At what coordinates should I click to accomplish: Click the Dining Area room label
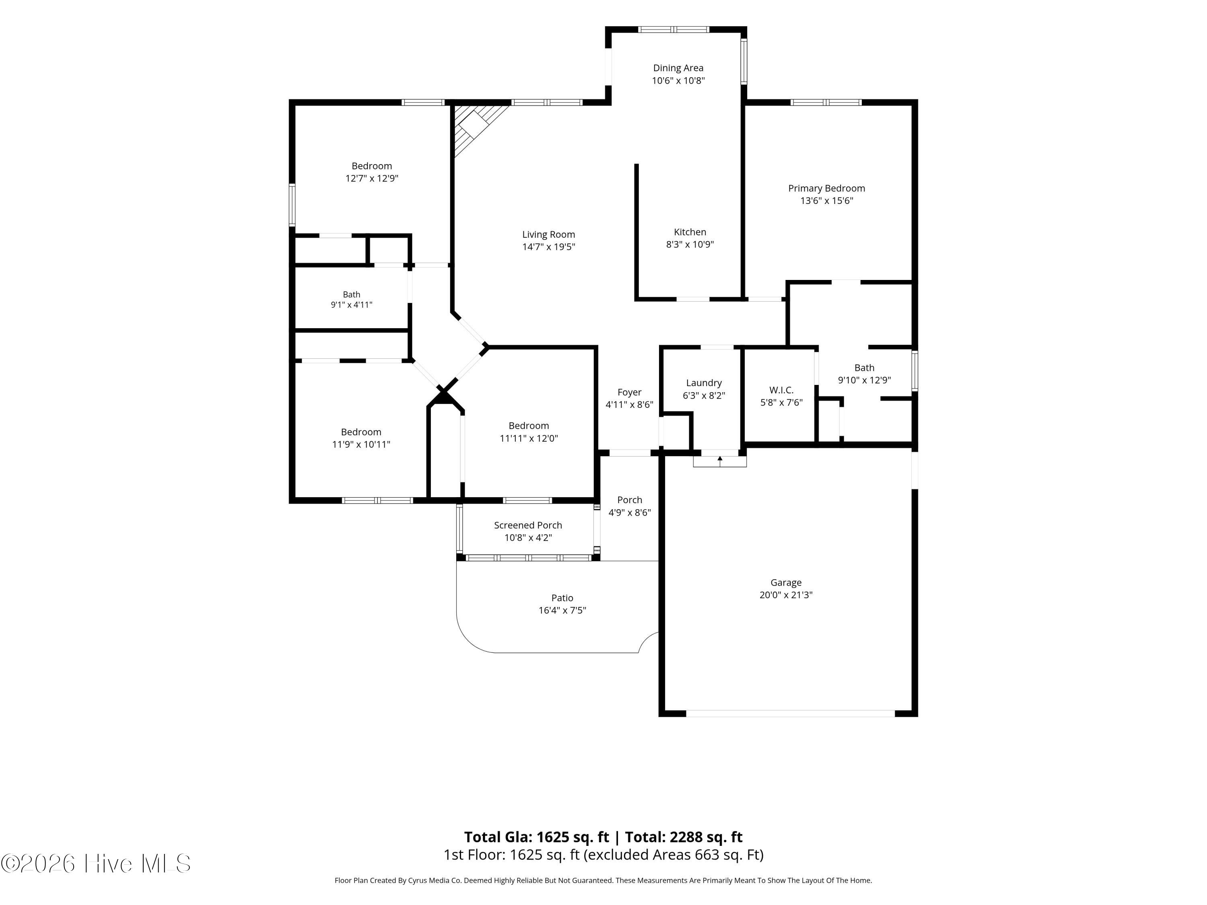tap(678, 68)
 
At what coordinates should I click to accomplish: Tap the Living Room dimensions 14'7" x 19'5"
tap(548, 247)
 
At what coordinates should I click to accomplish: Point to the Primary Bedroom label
tap(826, 188)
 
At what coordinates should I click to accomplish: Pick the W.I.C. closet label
tap(781, 390)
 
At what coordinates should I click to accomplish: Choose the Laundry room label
tap(704, 383)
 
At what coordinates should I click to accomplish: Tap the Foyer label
tap(629, 392)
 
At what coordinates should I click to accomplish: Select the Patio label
tap(562, 598)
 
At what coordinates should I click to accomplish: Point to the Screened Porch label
tap(527, 525)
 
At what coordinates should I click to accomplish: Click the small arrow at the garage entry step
tap(720, 461)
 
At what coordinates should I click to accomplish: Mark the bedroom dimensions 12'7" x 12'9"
tap(372, 178)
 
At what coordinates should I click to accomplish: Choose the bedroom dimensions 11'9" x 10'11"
tap(361, 444)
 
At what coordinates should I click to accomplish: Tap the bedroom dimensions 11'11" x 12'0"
tap(529, 438)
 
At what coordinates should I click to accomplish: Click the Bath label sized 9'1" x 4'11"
tap(351, 294)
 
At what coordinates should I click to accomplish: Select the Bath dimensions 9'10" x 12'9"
tap(864, 380)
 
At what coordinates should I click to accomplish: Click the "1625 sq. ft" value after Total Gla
tap(573, 837)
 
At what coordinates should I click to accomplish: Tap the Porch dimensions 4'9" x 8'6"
tap(630, 513)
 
